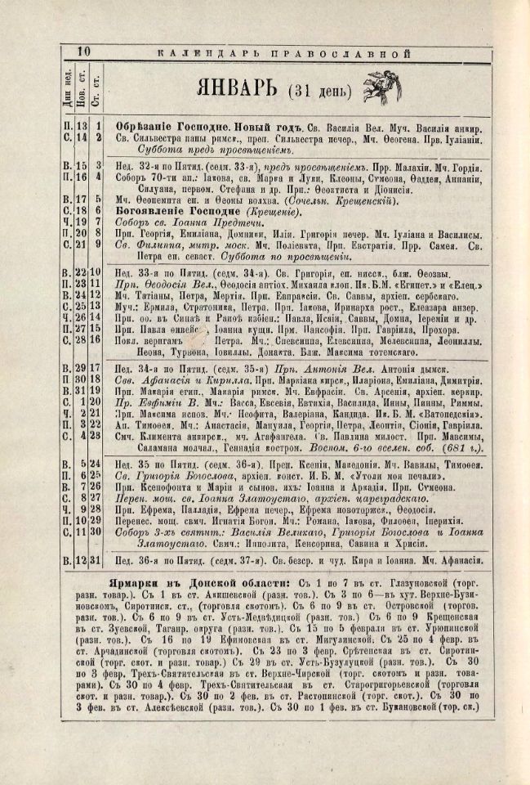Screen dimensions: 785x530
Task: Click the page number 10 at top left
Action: (83, 52)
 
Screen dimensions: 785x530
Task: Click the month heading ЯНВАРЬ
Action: (236, 87)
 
